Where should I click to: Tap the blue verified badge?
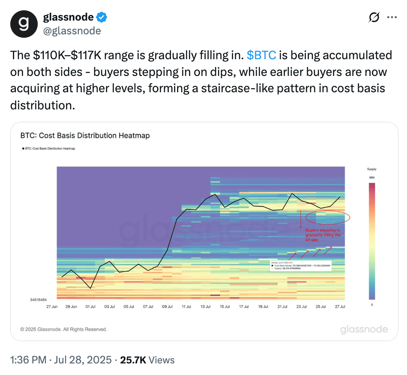[x=102, y=18]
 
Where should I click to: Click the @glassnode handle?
[x=72, y=31]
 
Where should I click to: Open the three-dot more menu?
[x=392, y=18]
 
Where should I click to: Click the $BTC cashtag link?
[x=261, y=55]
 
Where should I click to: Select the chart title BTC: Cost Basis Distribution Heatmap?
[x=85, y=136]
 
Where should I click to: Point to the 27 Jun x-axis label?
[x=51, y=307]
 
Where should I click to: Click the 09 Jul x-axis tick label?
[x=167, y=307]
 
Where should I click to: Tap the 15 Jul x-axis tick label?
[x=224, y=307]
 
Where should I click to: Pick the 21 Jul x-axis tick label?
[x=282, y=307]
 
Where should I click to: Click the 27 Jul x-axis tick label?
[x=340, y=307]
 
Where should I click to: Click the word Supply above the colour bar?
[x=372, y=169]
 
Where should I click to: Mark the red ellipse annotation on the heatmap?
[x=328, y=217]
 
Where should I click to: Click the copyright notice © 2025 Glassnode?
[x=64, y=329]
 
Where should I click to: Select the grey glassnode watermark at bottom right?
[x=364, y=330]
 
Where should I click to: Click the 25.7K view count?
[x=133, y=360]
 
